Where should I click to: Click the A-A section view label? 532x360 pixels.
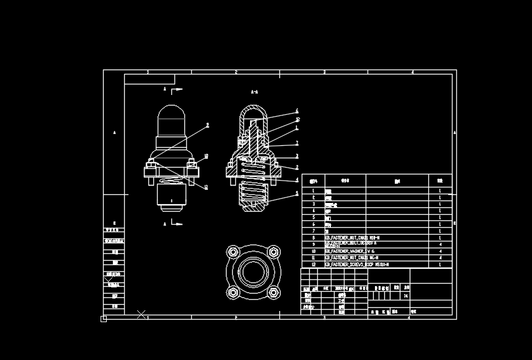255,92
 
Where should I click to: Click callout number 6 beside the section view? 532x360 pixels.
297,111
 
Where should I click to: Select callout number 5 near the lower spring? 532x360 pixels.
297,193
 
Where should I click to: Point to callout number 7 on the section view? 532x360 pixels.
297,143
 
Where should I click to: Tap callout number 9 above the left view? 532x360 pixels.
207,125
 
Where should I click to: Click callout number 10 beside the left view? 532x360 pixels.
206,156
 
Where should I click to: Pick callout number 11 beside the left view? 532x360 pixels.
206,187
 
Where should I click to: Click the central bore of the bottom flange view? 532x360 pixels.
253,271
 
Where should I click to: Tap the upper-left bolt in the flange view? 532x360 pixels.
233,251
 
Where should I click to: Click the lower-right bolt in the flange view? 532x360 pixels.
273,291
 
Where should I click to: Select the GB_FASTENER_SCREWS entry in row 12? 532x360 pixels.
357,264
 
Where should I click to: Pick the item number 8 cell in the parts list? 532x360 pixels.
313,238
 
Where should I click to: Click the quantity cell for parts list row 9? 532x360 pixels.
440,245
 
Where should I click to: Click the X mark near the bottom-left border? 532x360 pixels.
142,315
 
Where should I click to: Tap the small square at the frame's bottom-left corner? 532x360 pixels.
104,319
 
